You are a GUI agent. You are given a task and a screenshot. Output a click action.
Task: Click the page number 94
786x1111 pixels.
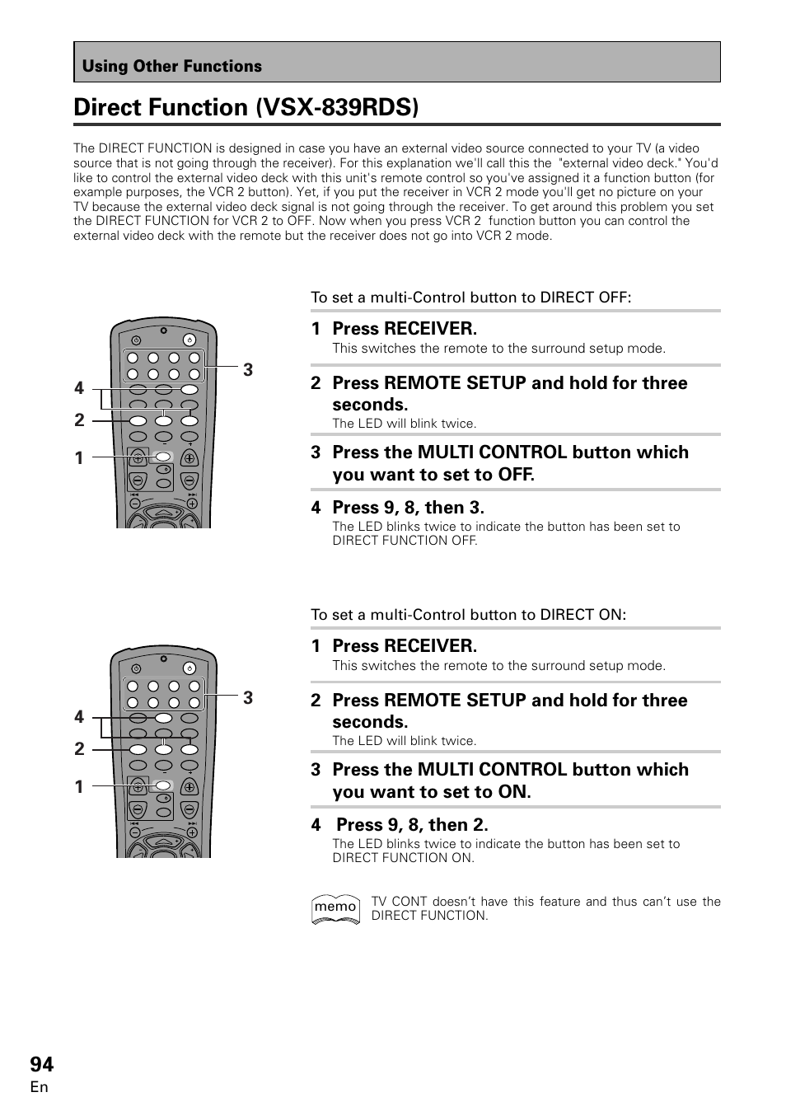pyautogui.click(x=42, y=1063)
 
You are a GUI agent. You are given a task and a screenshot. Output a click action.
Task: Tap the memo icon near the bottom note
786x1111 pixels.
pyautogui.click(x=335, y=908)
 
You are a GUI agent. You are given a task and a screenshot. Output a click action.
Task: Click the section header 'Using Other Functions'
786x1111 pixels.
pyautogui.click(x=171, y=66)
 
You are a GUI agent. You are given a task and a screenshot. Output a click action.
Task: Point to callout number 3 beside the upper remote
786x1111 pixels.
pyautogui.click(x=247, y=370)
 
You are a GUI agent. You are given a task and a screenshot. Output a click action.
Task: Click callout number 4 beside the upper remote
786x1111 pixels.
pyautogui.click(x=79, y=387)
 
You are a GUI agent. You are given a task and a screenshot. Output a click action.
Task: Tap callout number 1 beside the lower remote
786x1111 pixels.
pyautogui.click(x=79, y=786)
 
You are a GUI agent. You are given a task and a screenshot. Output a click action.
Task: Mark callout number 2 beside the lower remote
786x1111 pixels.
pyautogui.click(x=79, y=748)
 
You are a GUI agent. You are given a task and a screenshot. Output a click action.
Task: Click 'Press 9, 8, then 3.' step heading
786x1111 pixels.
pyautogui.click(x=408, y=507)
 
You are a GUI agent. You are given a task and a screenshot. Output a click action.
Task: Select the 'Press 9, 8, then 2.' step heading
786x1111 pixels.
pyautogui.click(x=412, y=824)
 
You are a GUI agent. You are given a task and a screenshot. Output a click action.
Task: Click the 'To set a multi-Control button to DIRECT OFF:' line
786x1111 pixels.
pyautogui.click(x=470, y=297)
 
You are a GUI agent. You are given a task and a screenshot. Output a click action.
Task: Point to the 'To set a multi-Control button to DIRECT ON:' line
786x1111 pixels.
pyautogui.click(x=468, y=614)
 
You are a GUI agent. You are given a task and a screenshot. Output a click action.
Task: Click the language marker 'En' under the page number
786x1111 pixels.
pyautogui.click(x=40, y=1087)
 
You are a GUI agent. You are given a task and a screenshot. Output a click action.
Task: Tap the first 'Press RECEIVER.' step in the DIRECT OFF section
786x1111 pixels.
pyautogui.click(x=404, y=328)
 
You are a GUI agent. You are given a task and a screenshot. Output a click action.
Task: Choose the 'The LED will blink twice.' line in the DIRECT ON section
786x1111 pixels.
pyautogui.click(x=404, y=740)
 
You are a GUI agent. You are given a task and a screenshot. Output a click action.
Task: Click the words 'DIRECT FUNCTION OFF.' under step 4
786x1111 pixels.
pyautogui.click(x=405, y=541)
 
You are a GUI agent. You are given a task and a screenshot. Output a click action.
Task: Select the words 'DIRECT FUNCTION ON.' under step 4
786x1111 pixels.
pyautogui.click(x=403, y=858)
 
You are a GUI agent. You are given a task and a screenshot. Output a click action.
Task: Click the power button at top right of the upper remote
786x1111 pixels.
pyautogui.click(x=189, y=340)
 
